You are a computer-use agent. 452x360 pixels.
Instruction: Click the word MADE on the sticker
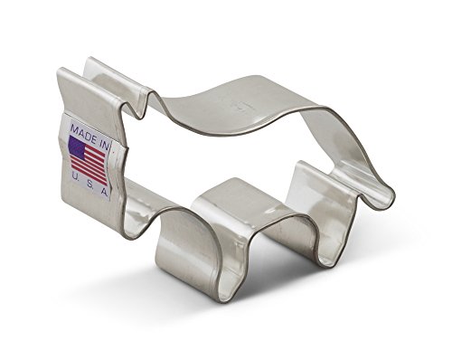pyautogui.click(x=83, y=133)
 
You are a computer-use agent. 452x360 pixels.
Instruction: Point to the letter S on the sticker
pyautogui.click(x=89, y=185)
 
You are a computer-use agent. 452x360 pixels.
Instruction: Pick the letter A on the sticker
pyautogui.click(x=104, y=193)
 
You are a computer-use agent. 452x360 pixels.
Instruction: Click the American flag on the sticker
pyautogui.click(x=88, y=159)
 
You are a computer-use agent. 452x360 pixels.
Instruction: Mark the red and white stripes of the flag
pyautogui.click(x=89, y=166)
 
